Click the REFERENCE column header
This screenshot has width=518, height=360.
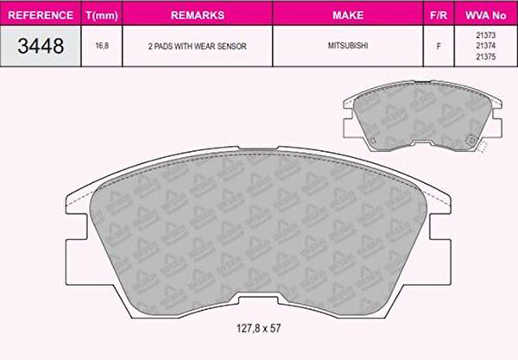click(x=41, y=16)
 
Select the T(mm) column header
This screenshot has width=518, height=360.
click(x=102, y=16)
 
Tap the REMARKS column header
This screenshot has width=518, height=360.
click(x=198, y=16)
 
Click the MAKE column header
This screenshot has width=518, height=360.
click(x=348, y=16)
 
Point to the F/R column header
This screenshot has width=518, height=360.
click(x=439, y=16)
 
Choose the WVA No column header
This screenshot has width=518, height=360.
click(x=485, y=16)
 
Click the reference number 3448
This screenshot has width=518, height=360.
click(x=41, y=46)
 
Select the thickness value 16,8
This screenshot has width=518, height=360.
click(x=102, y=46)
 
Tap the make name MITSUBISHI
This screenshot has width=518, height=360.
click(x=348, y=46)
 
